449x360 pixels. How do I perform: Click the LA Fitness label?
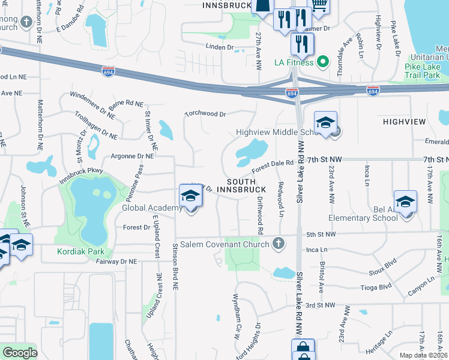294,62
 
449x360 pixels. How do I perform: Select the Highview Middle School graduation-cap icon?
325,123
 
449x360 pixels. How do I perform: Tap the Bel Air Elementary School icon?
405,202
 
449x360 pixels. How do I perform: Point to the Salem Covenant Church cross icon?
277,244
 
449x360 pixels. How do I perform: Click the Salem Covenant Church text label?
227,244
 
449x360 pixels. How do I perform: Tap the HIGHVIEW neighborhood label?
404,122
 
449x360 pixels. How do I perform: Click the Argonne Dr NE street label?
132,156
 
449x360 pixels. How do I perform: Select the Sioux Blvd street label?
382,265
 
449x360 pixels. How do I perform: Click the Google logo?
19,353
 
